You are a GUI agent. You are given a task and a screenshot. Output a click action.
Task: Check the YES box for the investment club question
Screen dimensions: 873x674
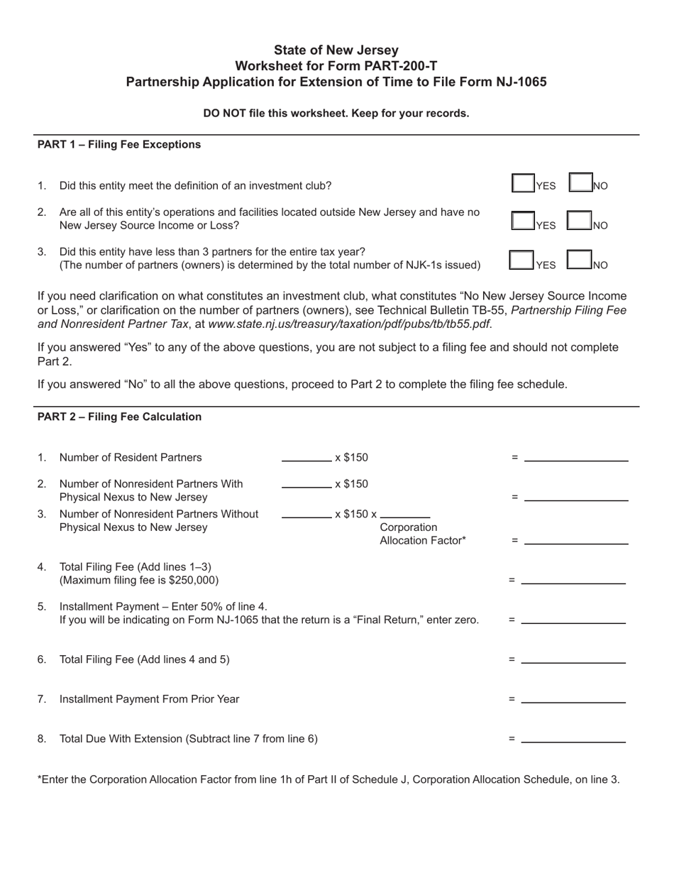point(523,183)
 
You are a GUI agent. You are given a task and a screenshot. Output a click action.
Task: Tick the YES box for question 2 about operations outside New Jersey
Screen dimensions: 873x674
point(523,221)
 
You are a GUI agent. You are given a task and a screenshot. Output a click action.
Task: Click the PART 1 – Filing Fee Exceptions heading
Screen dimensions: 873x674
point(118,145)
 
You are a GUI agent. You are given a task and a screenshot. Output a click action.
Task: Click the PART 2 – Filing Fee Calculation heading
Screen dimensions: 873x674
point(119,417)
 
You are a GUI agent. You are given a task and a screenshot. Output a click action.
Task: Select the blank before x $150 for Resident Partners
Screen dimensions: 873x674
point(306,457)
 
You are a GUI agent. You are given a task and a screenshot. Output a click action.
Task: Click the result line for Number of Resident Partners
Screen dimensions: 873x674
point(576,458)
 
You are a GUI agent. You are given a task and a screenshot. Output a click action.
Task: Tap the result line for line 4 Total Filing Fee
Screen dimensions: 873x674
point(573,580)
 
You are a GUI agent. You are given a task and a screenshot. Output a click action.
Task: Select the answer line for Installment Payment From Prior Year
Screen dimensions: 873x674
point(573,699)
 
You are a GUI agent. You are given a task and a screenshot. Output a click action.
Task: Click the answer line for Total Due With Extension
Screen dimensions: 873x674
point(573,739)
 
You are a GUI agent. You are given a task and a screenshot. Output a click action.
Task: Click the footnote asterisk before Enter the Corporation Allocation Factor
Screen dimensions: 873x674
point(39,779)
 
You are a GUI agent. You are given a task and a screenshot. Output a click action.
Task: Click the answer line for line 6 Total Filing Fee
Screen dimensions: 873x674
point(573,659)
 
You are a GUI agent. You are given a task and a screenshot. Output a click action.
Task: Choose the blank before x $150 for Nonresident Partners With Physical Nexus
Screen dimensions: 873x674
point(306,484)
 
